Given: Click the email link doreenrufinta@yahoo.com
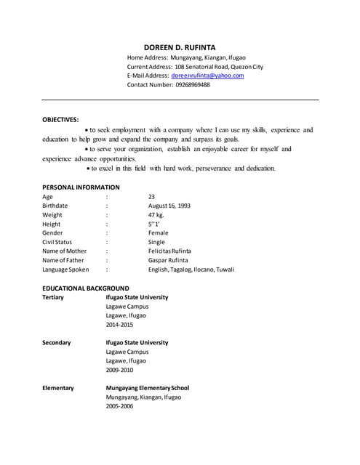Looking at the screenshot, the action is pyautogui.click(x=207, y=76).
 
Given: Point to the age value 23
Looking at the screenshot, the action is pyautogui.click(x=151, y=197).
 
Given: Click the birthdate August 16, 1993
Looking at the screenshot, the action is pyautogui.click(x=169, y=206).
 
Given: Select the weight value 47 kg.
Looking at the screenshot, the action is pyautogui.click(x=157, y=215).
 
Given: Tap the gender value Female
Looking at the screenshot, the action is pyautogui.click(x=158, y=233).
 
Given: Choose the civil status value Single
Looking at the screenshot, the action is pyautogui.click(x=156, y=242).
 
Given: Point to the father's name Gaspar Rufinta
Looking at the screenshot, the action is pyautogui.click(x=168, y=260).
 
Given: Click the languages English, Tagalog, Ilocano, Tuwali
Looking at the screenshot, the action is pyautogui.click(x=191, y=270).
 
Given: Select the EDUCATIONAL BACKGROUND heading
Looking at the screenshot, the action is pyautogui.click(x=86, y=288).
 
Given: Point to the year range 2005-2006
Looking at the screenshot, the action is pyautogui.click(x=119, y=406).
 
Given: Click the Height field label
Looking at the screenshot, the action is pyautogui.click(x=52, y=224).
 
